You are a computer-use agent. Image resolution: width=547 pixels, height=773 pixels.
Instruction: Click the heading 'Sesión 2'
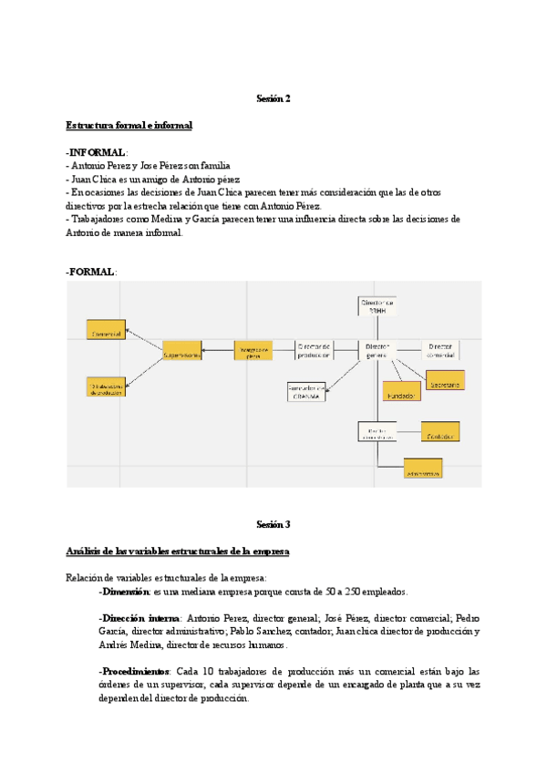point(273,98)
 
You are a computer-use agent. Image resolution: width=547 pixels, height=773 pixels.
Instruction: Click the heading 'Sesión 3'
point(273,524)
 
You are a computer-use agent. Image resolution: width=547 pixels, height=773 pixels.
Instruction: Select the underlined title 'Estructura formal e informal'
point(129,125)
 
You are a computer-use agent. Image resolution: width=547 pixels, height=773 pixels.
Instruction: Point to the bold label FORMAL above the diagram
point(91,273)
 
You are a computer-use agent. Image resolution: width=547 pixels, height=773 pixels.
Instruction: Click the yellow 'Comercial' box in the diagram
point(105,335)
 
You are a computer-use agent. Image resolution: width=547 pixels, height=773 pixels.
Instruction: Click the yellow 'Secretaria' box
point(445,384)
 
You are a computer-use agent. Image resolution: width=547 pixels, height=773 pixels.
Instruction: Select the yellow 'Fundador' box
point(401,396)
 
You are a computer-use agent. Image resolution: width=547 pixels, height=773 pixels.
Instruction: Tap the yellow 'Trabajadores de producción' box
point(107,386)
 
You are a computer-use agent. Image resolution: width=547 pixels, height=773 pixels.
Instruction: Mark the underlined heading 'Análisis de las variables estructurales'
point(177,551)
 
